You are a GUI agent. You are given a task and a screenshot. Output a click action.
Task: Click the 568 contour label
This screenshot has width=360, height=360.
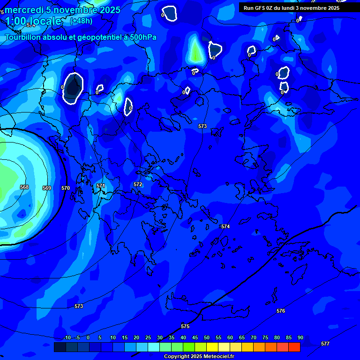[x=24, y=187]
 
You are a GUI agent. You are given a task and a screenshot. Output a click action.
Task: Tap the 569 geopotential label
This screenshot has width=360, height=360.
[x=47, y=188]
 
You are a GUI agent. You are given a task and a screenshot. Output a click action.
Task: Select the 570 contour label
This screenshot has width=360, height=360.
[x=66, y=188]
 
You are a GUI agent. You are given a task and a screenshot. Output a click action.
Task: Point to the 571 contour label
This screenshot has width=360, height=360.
[x=101, y=186]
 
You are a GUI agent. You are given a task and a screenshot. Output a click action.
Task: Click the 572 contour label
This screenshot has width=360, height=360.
[x=138, y=184]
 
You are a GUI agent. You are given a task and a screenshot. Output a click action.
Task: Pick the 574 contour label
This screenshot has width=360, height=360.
[x=225, y=226]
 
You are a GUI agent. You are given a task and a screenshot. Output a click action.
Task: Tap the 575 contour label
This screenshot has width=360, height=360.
[x=185, y=326]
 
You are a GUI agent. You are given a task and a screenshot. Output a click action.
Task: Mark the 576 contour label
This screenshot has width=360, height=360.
[x=281, y=311]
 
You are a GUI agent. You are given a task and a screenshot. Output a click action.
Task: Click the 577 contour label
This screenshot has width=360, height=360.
[x=325, y=344]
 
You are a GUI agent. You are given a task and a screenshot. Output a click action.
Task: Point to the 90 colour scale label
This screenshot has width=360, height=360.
[x=300, y=338]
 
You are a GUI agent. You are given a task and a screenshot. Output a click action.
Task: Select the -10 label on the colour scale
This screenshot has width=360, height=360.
[x=67, y=338]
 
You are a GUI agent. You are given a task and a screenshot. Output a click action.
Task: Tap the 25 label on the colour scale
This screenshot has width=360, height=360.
[x=148, y=338]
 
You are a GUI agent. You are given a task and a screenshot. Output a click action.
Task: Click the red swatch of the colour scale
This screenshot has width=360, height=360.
[x=294, y=347]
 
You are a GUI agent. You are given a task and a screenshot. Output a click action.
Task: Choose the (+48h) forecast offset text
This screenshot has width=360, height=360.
[x=81, y=21]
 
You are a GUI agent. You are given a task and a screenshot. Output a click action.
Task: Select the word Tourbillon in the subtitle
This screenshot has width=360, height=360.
[x=23, y=37]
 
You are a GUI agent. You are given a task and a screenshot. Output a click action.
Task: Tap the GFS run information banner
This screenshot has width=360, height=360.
[x=292, y=8]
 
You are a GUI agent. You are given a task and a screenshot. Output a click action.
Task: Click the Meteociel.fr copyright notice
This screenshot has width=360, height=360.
[x=199, y=357]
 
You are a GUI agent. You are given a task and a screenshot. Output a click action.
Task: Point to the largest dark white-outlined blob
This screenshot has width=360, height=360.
[x=73, y=88]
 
